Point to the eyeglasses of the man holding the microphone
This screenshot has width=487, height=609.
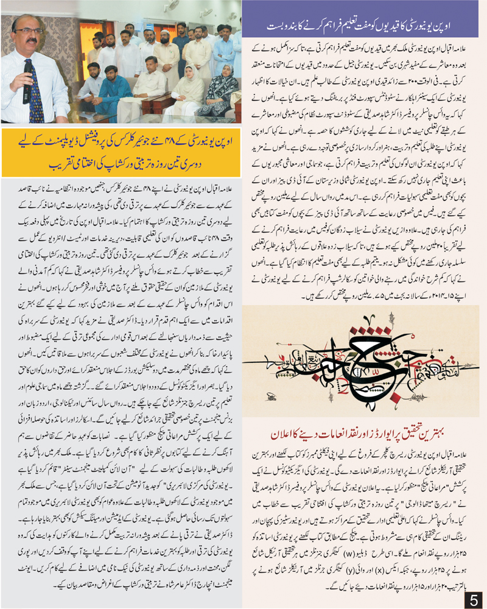click(31, 31)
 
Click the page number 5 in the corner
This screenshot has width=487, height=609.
click(473, 598)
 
